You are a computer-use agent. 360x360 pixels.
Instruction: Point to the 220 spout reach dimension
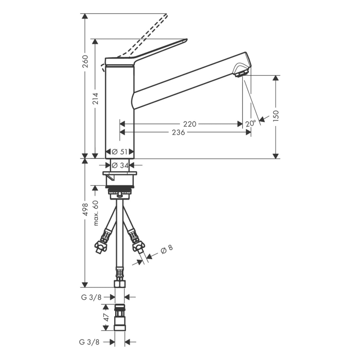(190, 124)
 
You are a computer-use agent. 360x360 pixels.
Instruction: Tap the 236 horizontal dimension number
(178, 133)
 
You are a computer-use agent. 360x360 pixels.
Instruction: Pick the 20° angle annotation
(250, 124)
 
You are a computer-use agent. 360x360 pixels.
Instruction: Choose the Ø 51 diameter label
(120, 152)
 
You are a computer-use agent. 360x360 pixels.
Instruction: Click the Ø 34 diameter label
(120, 165)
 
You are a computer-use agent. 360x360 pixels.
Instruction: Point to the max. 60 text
(96, 213)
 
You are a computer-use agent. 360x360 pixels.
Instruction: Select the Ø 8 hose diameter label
(167, 250)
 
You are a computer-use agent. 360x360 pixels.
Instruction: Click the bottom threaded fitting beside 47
(119, 319)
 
